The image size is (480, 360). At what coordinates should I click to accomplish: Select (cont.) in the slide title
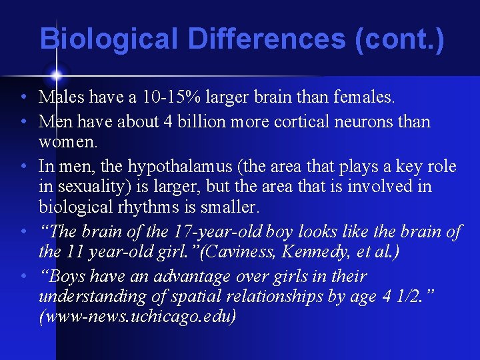click(x=400, y=39)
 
